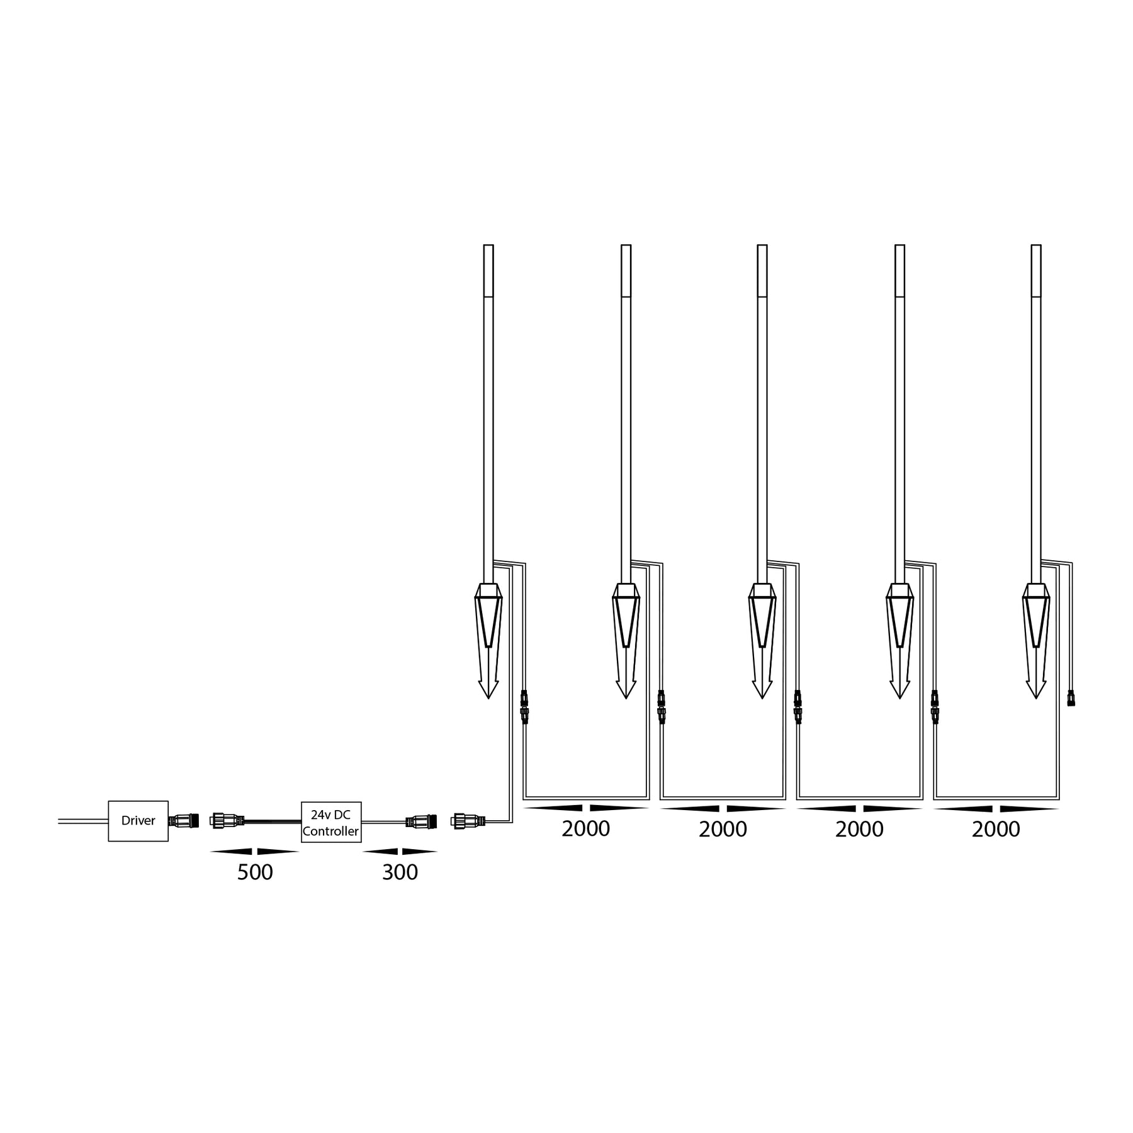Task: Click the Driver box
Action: [138, 821]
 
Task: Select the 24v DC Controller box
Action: [330, 821]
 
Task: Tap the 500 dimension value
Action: [255, 872]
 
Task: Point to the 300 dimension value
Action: [400, 872]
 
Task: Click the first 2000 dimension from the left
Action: [585, 829]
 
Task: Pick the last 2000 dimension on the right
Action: [996, 829]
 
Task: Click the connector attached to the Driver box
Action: [184, 821]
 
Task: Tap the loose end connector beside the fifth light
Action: [1071, 698]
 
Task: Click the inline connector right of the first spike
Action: [524, 707]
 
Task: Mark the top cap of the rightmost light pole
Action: [1036, 270]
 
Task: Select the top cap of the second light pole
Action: [626, 270]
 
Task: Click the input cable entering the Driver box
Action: [82, 821]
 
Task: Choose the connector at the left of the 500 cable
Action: [227, 821]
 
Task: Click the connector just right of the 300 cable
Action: [468, 821]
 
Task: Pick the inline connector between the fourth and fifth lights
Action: [935, 707]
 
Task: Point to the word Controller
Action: [330, 831]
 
